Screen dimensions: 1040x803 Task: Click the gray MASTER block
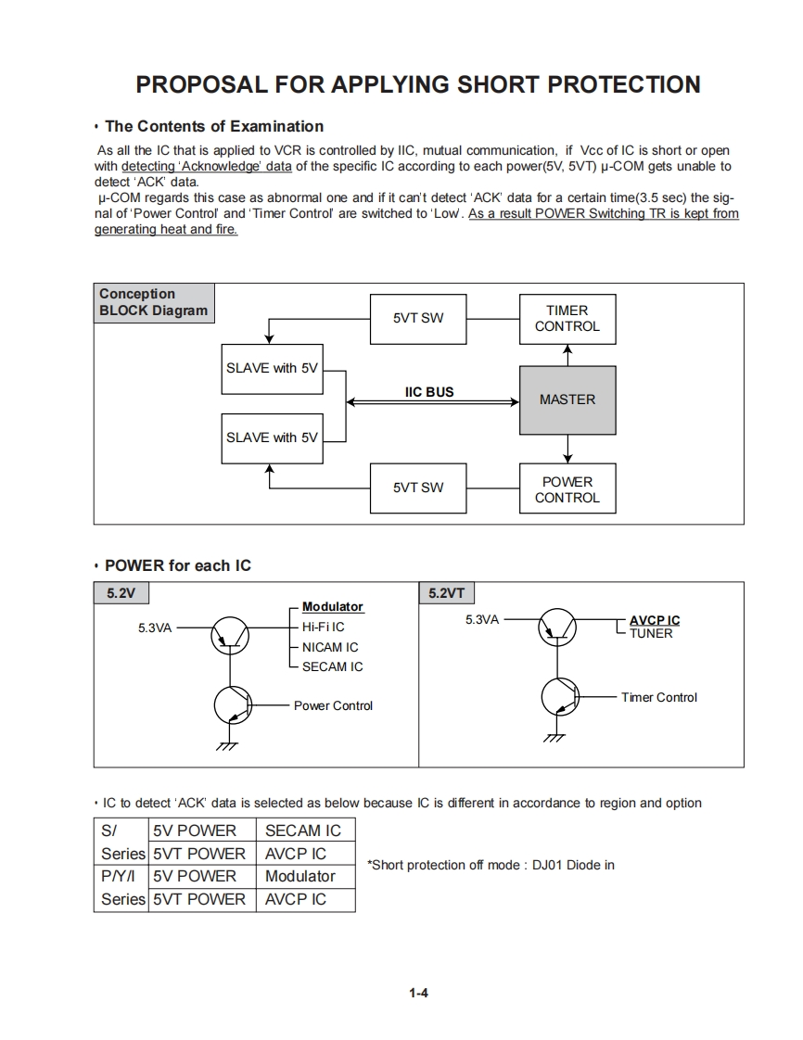point(567,400)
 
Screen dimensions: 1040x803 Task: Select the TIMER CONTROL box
point(567,318)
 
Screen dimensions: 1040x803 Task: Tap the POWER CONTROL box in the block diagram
point(567,489)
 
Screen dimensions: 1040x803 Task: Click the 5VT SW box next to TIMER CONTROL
point(418,318)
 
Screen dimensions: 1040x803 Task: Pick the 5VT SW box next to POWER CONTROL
point(418,488)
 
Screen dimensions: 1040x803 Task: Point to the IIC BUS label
point(429,392)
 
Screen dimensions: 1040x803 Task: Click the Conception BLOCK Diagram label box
point(154,302)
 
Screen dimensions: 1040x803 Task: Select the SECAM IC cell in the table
point(303,831)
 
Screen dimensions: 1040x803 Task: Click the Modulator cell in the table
point(300,876)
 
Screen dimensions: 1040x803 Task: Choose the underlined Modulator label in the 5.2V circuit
point(333,607)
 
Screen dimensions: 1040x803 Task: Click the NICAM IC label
point(330,647)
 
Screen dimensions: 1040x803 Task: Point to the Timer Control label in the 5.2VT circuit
point(658,697)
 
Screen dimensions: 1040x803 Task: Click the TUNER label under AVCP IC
point(651,634)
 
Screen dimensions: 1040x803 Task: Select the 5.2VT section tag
point(447,593)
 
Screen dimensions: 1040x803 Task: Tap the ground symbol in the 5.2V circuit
point(227,745)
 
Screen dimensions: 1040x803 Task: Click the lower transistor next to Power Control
point(232,706)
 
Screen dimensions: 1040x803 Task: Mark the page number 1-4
point(418,993)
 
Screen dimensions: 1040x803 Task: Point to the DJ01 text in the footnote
point(551,865)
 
